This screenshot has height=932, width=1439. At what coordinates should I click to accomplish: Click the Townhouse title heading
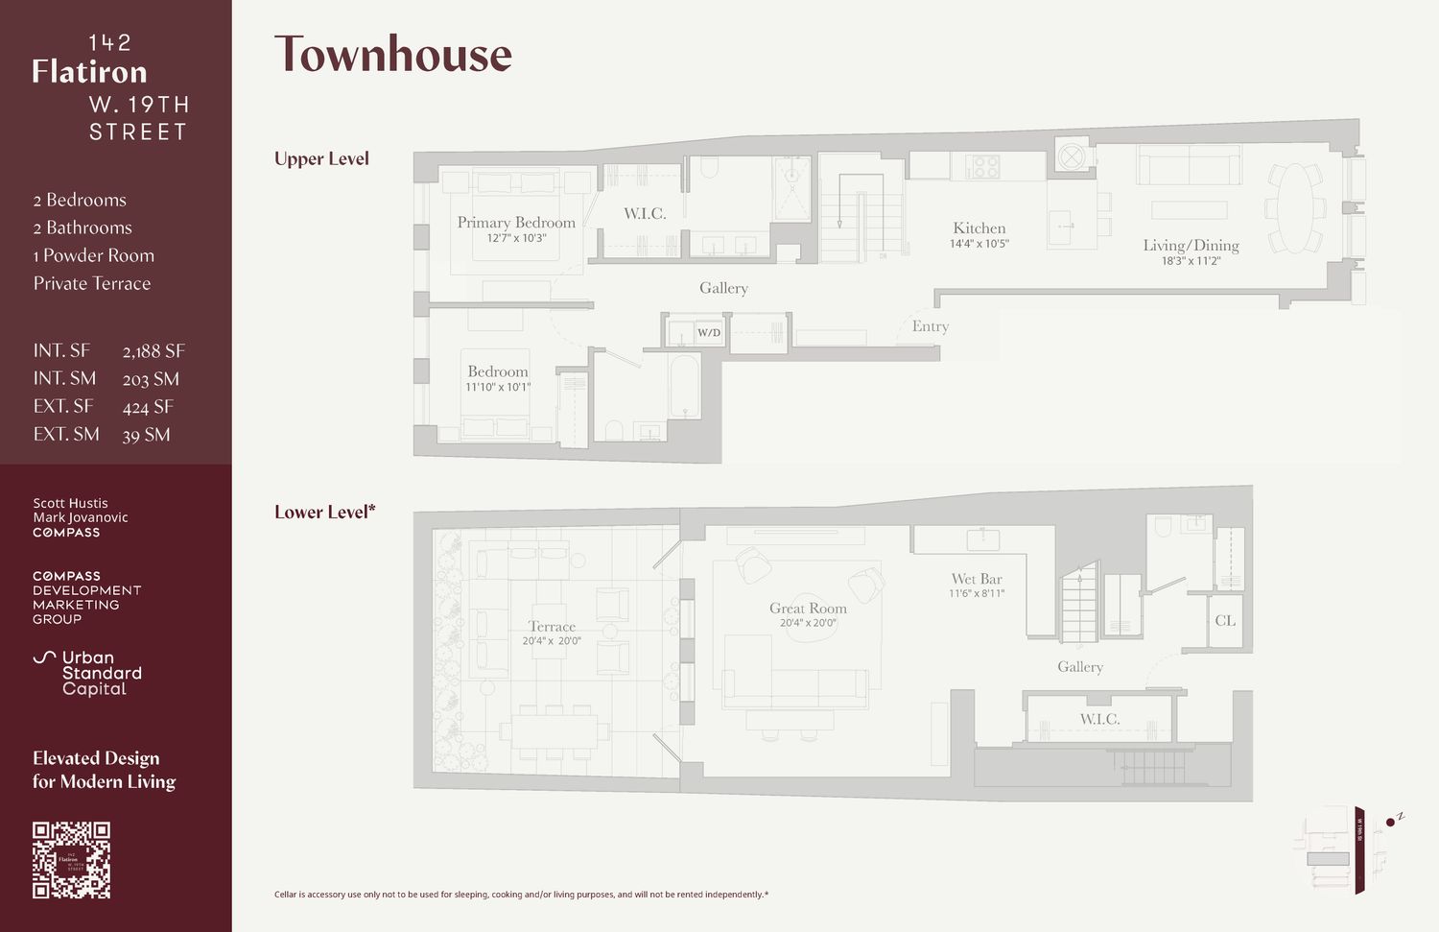click(393, 55)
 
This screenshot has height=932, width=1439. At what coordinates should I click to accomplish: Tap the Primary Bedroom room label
click(516, 223)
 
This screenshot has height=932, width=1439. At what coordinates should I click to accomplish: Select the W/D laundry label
click(709, 333)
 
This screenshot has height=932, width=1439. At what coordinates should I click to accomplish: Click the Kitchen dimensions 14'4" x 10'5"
click(979, 244)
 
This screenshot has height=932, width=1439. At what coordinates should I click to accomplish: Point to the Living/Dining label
click(1191, 246)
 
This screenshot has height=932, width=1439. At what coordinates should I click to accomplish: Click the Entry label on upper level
click(930, 326)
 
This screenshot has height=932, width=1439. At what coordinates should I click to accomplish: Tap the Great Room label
click(808, 608)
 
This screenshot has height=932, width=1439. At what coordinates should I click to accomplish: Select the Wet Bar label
click(977, 579)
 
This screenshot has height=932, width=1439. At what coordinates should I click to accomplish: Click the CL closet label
click(1225, 620)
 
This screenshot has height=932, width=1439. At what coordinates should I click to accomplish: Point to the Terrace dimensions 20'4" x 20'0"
click(552, 641)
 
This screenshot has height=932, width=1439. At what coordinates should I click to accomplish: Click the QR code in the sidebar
click(72, 860)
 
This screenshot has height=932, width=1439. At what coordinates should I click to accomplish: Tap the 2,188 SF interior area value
click(153, 351)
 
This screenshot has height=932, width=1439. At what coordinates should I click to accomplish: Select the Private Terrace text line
click(92, 283)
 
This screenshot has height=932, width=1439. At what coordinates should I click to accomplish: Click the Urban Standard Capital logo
click(87, 673)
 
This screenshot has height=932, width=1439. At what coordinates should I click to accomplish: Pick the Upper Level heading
click(321, 158)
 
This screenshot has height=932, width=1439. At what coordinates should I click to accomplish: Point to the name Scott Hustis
click(70, 503)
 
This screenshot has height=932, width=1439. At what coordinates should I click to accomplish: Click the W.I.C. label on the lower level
click(1099, 719)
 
